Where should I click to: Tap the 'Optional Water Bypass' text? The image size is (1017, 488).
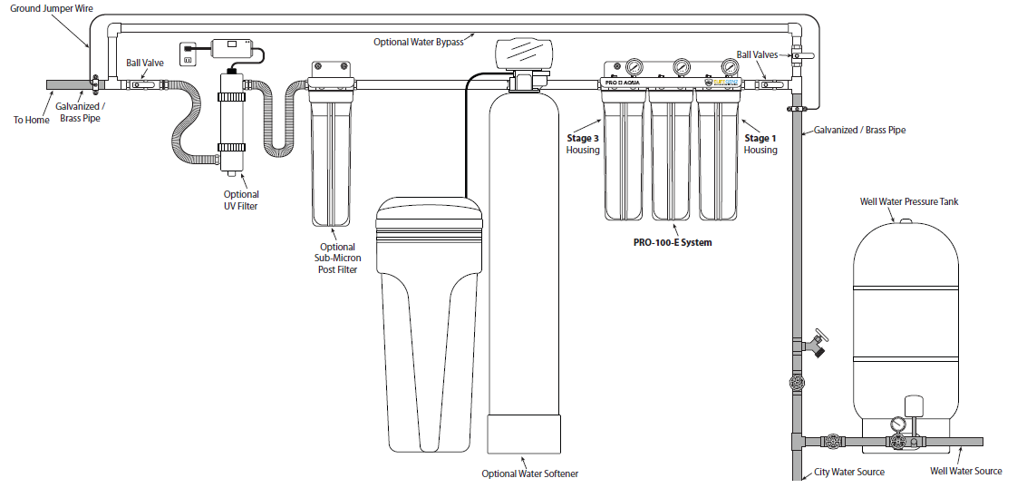pos(419,42)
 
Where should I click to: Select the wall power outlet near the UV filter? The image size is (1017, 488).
pos(189,55)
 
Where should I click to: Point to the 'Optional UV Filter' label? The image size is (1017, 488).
pos(241,200)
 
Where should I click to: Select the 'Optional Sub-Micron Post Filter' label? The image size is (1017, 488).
pos(337,258)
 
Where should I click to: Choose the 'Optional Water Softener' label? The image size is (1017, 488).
pos(529,473)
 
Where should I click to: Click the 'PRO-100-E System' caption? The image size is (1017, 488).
pos(673,243)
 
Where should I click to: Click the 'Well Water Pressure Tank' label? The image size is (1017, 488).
pos(908,201)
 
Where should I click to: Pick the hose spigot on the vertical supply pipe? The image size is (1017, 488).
pos(818,343)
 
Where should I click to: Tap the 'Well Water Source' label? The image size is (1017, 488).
pos(966,472)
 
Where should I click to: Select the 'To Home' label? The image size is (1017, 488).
pos(32,120)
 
